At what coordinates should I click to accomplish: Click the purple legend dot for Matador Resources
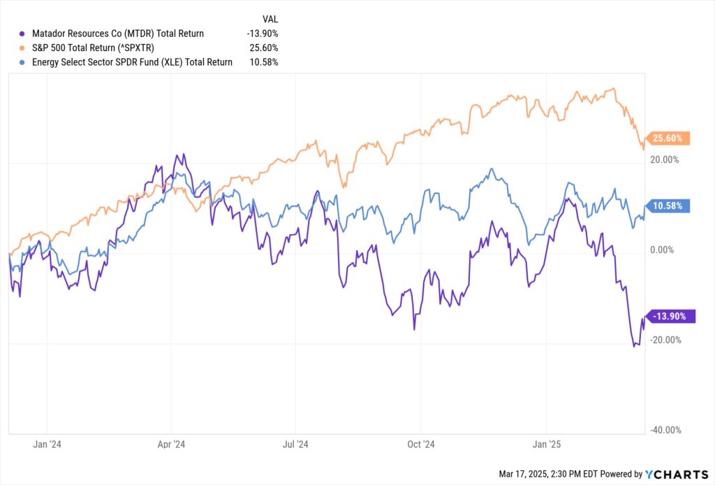23,33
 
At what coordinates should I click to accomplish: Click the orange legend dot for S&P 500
23,48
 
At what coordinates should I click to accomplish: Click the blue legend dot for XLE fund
23,62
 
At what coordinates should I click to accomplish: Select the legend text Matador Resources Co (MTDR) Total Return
118,33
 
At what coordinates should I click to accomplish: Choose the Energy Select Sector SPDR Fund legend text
132,62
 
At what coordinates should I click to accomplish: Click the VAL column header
270,19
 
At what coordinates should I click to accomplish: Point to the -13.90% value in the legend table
263,33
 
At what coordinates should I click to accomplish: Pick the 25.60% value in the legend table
265,48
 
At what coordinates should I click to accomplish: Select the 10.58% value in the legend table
265,62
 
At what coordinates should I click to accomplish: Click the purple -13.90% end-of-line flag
672,317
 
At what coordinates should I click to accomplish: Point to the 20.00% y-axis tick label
664,160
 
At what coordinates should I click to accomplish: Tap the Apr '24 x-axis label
171,444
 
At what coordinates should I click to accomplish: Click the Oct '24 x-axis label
421,444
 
